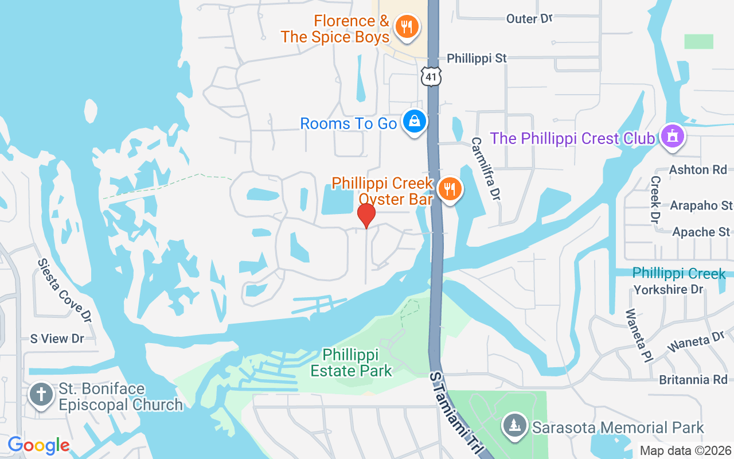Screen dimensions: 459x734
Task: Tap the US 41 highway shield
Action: pyautogui.click(x=431, y=76)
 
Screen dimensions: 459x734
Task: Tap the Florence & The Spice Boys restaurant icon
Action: pyautogui.click(x=407, y=26)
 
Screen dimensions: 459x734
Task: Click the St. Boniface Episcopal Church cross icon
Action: pyautogui.click(x=41, y=395)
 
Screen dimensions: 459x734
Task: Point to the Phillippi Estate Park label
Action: pyautogui.click(x=351, y=363)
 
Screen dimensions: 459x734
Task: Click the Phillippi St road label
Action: pyautogui.click(x=477, y=59)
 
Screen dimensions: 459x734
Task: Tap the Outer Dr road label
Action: pyautogui.click(x=529, y=19)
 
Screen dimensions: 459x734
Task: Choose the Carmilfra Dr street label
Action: pyautogui.click(x=487, y=168)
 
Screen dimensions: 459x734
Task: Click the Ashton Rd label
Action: pyautogui.click(x=698, y=169)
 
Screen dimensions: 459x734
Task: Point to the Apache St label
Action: pyautogui.click(x=701, y=232)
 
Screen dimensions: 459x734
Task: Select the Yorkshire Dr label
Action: pyautogui.click(x=668, y=290)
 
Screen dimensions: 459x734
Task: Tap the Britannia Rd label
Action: pyautogui.click(x=693, y=380)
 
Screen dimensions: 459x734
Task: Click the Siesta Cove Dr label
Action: pyautogui.click(x=64, y=290)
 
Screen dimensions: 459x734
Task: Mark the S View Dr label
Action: pyautogui.click(x=57, y=339)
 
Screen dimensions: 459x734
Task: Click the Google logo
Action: pyautogui.click(x=38, y=445)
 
